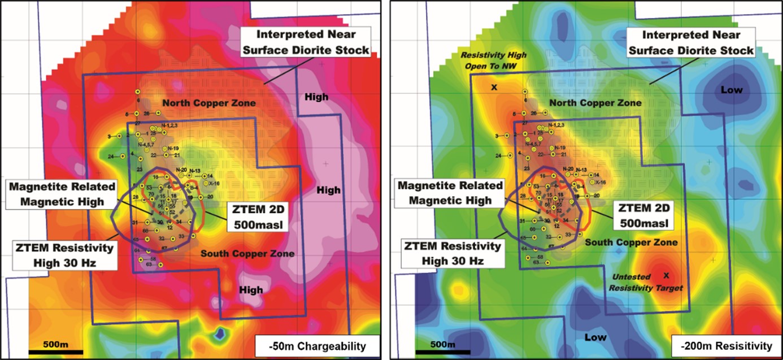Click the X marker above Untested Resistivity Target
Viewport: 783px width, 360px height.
pos(666,276)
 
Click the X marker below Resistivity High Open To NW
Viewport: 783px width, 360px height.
pos(493,88)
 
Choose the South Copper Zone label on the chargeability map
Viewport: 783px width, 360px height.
pos(247,254)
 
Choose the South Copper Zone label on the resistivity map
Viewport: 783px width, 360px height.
pos(631,242)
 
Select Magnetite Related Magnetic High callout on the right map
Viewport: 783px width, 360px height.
pos(450,192)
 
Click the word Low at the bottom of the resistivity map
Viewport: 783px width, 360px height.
pos(595,337)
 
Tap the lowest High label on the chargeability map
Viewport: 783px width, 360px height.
pos(251,290)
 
